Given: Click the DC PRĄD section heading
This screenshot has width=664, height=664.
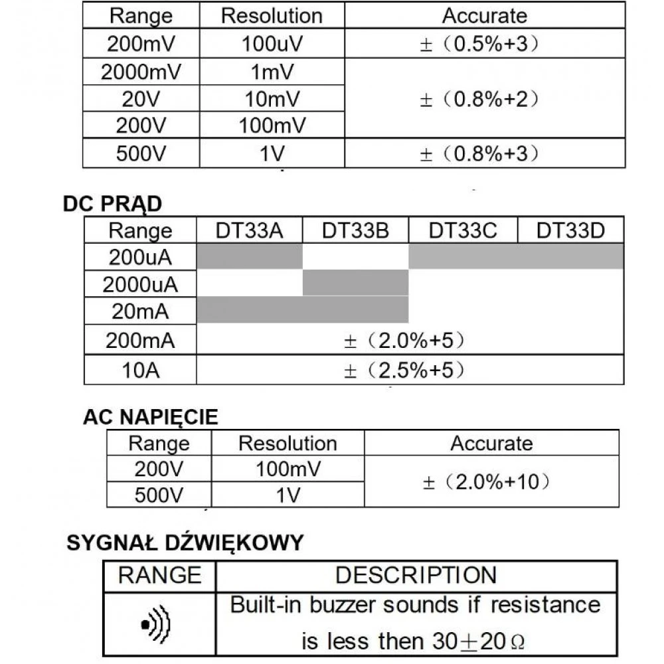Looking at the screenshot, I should (112, 204).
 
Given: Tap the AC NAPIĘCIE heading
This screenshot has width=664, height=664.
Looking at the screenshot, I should (150, 417).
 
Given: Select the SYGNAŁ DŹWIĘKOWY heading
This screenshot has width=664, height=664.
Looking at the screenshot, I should (185, 543).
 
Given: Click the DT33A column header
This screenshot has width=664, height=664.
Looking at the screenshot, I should (250, 230).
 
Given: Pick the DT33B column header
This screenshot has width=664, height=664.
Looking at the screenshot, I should (355, 230).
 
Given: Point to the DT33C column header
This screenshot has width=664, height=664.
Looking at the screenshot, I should (463, 230).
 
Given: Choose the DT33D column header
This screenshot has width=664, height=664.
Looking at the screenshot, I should (570, 230).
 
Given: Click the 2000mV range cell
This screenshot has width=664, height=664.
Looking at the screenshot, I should (140, 72).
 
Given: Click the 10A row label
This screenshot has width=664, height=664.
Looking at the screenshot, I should (140, 370).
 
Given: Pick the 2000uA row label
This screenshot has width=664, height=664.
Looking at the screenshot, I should (140, 285).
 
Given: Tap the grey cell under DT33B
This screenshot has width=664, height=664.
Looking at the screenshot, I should (355, 282).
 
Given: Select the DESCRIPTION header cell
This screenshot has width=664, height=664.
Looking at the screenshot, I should (416, 575).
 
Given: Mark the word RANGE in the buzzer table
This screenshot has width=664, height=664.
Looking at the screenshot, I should (159, 575).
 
